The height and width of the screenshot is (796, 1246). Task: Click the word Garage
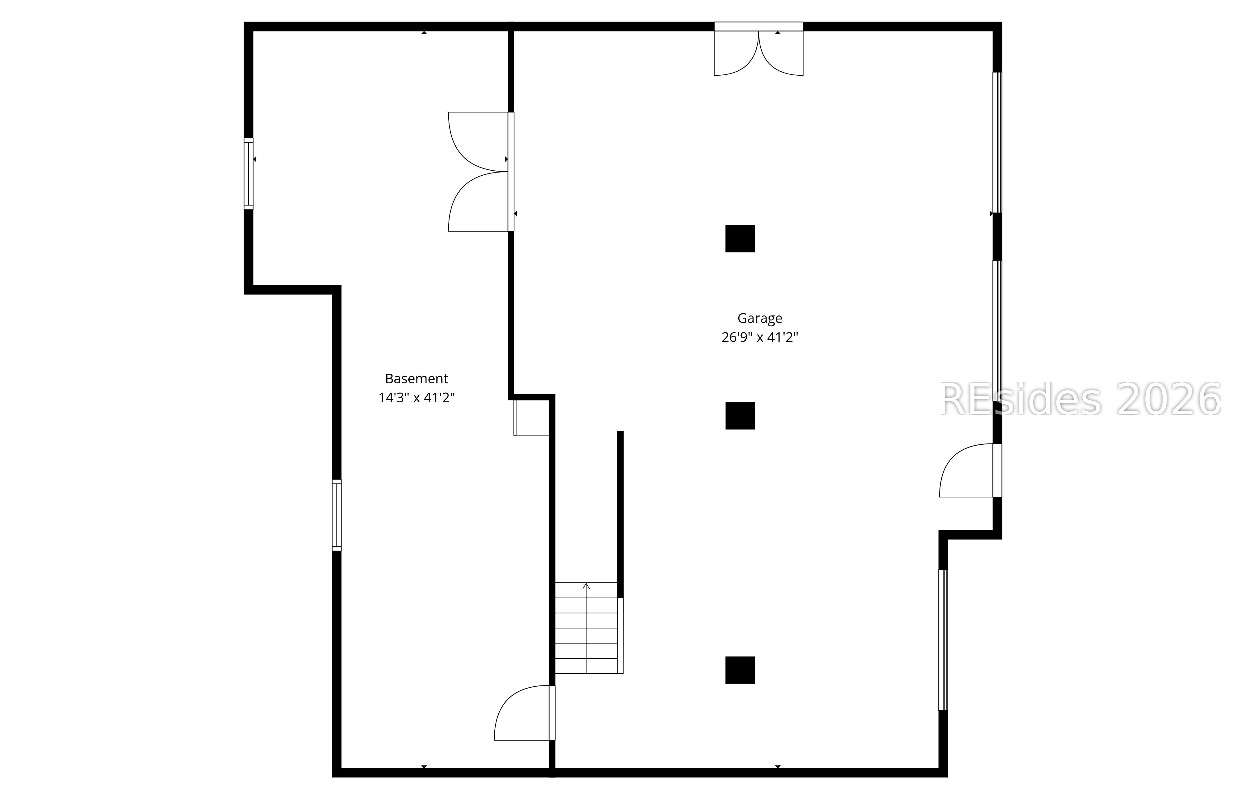pos(760,318)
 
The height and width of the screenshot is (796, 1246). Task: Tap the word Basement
pos(416,379)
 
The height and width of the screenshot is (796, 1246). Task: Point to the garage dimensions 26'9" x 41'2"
pos(760,337)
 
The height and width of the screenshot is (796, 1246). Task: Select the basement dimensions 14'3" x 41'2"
pos(416,398)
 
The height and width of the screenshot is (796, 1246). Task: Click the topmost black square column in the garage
pos(740,239)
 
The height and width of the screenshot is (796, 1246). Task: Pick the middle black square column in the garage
pos(740,416)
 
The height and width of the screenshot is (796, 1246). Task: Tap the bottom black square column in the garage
pos(740,670)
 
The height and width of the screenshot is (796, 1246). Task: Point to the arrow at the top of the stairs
pos(586,586)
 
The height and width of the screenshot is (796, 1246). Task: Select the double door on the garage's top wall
pos(759,52)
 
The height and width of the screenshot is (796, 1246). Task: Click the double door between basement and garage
pos(479,171)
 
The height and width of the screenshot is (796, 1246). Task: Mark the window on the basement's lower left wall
pos(337,515)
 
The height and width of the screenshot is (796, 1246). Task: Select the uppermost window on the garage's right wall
pos(997,142)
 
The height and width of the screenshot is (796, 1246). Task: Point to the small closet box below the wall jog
pos(531,417)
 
